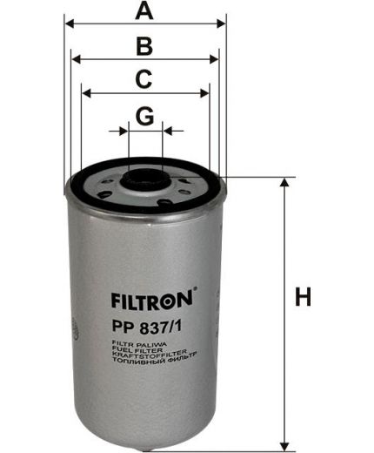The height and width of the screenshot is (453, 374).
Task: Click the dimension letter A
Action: point(145,11)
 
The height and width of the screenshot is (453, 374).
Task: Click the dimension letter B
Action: point(145,46)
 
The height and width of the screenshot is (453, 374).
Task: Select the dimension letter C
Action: point(145,79)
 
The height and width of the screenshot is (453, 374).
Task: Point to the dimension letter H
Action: point(302,297)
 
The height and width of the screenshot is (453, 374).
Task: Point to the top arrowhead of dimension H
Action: point(284,185)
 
